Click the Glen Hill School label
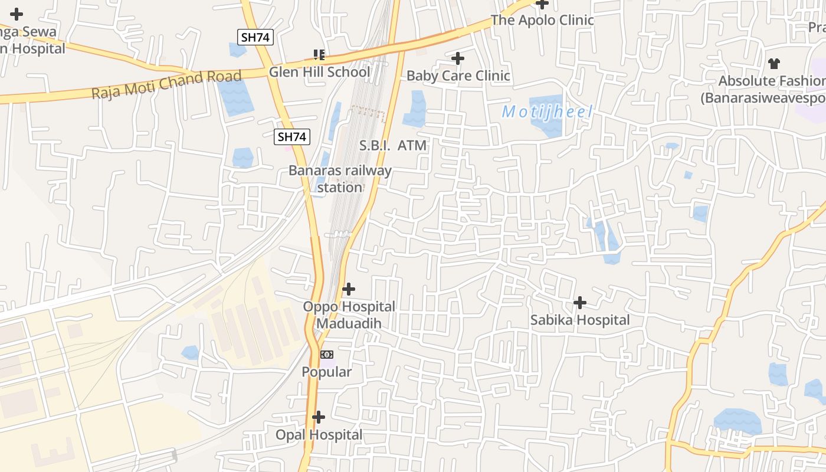click(x=319, y=72)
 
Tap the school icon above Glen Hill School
click(x=319, y=55)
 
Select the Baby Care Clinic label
click(x=458, y=76)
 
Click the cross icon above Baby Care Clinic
click(x=457, y=58)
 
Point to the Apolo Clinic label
click(x=542, y=20)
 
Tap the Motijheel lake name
click(x=547, y=112)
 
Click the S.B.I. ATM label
click(x=393, y=145)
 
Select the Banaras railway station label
click(x=340, y=179)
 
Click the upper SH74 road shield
click(x=256, y=37)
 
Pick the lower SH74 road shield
click(x=292, y=137)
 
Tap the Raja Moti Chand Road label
click(x=166, y=85)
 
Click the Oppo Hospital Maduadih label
click(x=349, y=315)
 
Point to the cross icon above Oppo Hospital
click(x=349, y=289)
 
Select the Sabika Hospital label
click(x=580, y=320)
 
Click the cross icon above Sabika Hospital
click(x=580, y=303)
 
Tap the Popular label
click(x=326, y=372)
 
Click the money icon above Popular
click(x=326, y=355)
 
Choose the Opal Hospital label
click(x=319, y=435)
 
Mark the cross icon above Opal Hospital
click(x=319, y=417)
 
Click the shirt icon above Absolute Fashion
click(x=774, y=64)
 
